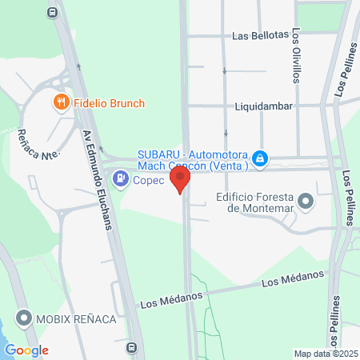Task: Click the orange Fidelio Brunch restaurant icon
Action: click(x=61, y=102)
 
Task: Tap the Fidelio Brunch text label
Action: click(x=108, y=103)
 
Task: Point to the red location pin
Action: click(x=181, y=178)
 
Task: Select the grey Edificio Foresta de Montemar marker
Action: click(x=306, y=203)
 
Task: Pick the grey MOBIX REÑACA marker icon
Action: click(x=23, y=319)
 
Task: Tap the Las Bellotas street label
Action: click(x=260, y=36)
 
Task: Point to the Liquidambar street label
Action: click(x=266, y=106)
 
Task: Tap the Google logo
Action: click(x=26, y=350)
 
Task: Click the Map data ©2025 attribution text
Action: click(x=324, y=354)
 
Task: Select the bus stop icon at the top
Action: click(x=53, y=12)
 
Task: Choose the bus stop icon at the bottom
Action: click(x=130, y=348)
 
